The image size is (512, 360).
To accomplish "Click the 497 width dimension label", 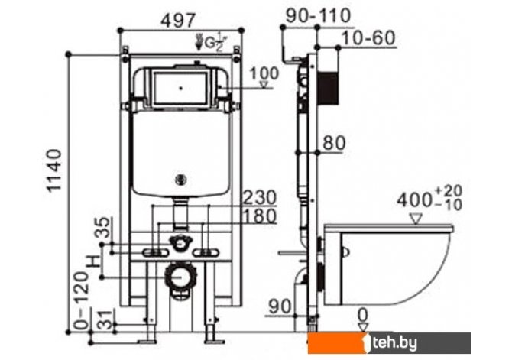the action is tap(179, 20).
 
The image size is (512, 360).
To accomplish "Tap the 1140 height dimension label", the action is tap(53, 170).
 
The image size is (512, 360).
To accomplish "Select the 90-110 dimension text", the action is tap(318, 15).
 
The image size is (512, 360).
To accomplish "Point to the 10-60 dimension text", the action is tap(368, 37).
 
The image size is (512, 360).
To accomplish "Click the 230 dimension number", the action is tap(261, 197).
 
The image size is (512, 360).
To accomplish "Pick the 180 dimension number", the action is tap(261, 216).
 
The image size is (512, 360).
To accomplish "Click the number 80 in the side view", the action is tap(334, 143).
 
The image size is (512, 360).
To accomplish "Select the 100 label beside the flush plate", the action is tap(264, 73).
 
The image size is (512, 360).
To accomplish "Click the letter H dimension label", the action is tap(94, 261).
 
